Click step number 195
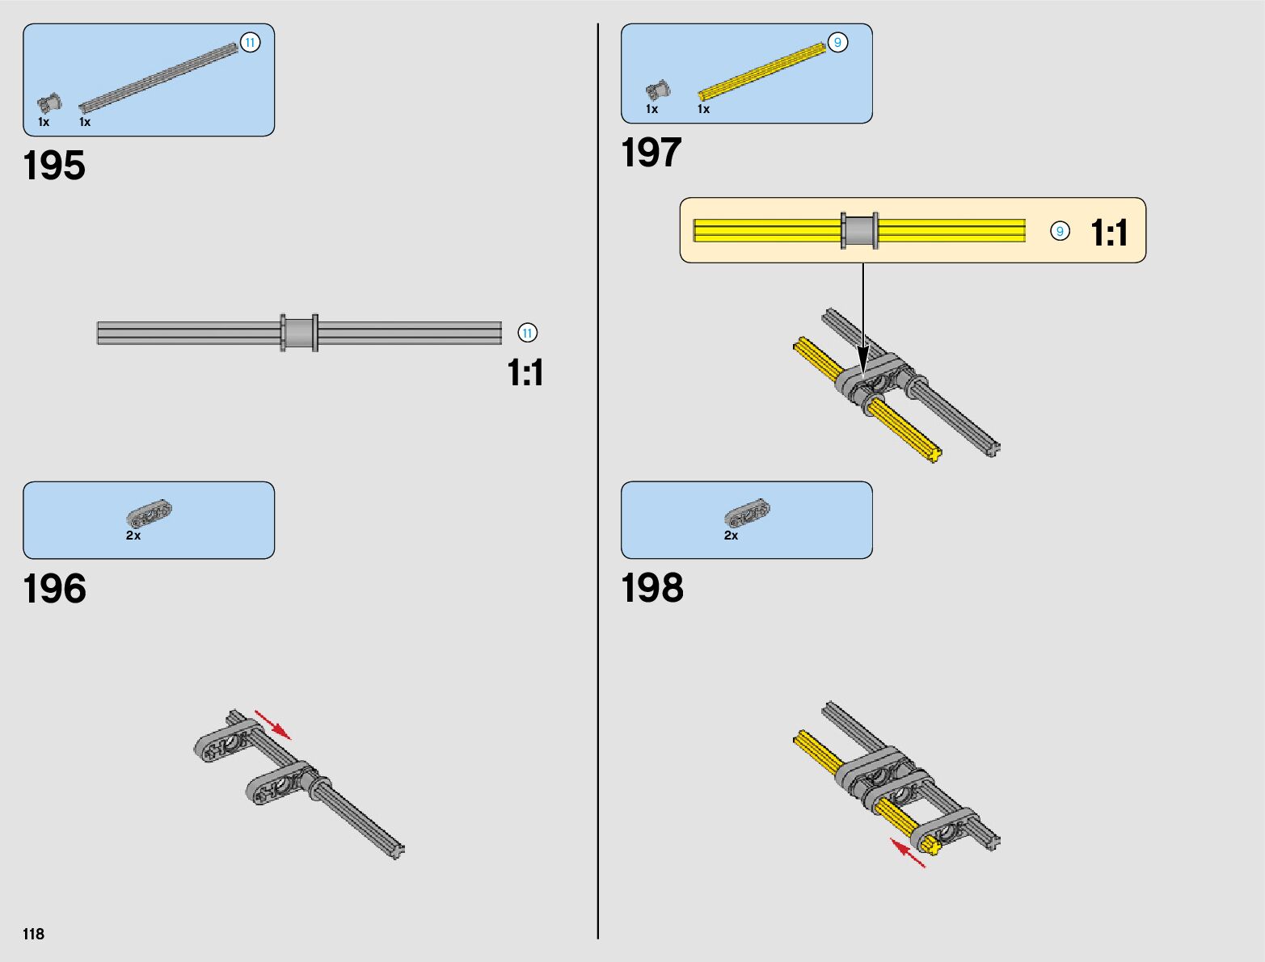(54, 166)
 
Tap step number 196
(54, 589)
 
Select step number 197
(651, 153)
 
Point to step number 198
(652, 588)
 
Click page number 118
(34, 934)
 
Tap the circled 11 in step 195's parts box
(251, 43)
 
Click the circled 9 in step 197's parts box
(837, 43)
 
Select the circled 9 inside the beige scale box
(1060, 232)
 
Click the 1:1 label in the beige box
(1109, 233)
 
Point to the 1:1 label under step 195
(525, 373)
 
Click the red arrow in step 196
(273, 725)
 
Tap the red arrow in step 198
(908, 853)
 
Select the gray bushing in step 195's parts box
(49, 103)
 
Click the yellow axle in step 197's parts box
(761, 73)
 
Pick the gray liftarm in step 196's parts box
(150, 514)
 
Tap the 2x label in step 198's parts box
(731, 536)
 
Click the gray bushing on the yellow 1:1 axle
(859, 231)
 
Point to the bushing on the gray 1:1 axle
(299, 333)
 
